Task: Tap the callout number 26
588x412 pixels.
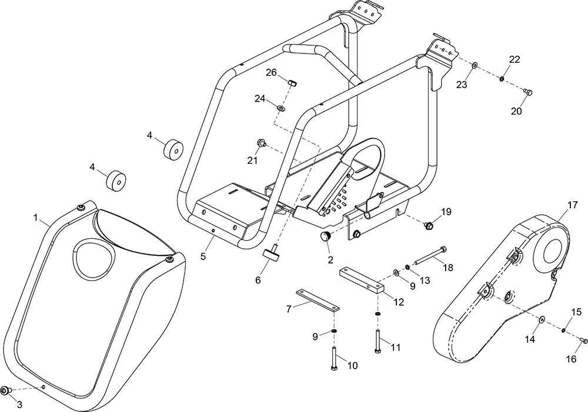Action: tap(271, 72)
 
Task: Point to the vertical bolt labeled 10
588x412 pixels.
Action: tap(334, 359)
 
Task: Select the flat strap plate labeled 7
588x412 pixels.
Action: tap(318, 300)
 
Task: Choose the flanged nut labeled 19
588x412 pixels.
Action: tap(428, 225)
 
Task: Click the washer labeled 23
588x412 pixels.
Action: tap(475, 66)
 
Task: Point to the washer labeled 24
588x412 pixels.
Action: tap(280, 109)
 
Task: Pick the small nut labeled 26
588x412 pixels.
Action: tap(292, 82)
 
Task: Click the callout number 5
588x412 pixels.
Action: tap(203, 256)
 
